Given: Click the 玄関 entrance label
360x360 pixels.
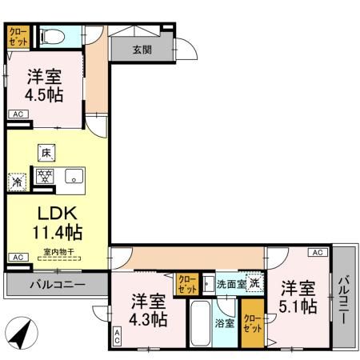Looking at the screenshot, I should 142,49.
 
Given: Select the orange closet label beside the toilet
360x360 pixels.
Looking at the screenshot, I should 18,37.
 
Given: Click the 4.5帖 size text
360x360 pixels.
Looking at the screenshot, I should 44,94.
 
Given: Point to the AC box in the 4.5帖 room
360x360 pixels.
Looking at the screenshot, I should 17,114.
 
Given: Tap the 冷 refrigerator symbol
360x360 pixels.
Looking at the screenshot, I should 17,182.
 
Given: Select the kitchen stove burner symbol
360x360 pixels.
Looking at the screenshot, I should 43,176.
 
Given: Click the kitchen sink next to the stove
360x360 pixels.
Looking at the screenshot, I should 73,177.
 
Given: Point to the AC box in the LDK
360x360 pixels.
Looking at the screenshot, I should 16,257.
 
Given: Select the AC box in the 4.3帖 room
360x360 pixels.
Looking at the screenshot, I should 117,338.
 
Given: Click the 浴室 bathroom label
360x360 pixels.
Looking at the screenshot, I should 224,323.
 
